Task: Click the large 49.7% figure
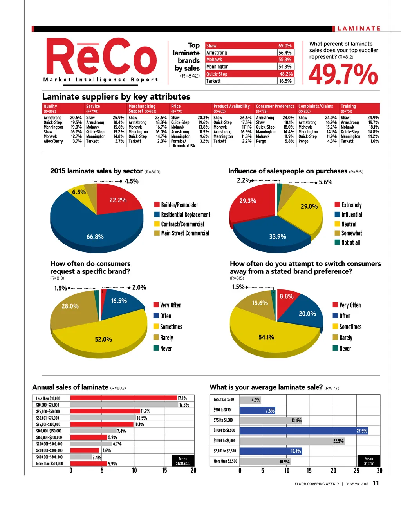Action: (x=343, y=75)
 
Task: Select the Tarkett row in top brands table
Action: (x=249, y=81)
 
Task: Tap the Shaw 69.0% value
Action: (x=285, y=46)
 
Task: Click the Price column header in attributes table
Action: (x=176, y=106)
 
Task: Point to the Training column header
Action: (x=348, y=106)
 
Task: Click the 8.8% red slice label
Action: (x=286, y=297)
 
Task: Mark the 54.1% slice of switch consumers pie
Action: (x=266, y=337)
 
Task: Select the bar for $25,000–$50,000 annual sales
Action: (x=105, y=411)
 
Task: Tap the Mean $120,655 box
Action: (x=183, y=461)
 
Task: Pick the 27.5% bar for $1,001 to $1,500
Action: (x=303, y=431)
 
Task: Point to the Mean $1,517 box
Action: (x=368, y=461)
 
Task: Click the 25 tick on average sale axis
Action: (x=356, y=471)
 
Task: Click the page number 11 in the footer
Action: (x=376, y=483)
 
